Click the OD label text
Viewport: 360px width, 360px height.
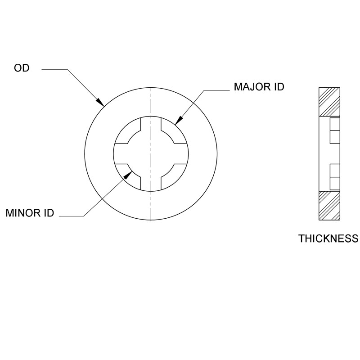[22, 69]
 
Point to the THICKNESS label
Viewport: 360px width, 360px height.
[328, 238]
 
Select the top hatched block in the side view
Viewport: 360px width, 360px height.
[329, 101]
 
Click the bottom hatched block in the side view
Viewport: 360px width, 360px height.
[329, 206]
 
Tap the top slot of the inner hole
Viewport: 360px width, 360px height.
[151, 124]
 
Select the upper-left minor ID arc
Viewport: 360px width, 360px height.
[133, 136]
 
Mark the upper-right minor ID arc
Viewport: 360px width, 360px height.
[168, 136]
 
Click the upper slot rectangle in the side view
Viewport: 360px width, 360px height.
[335, 131]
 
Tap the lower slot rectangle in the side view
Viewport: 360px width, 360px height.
[335, 176]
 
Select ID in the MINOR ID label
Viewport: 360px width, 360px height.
[49, 213]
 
